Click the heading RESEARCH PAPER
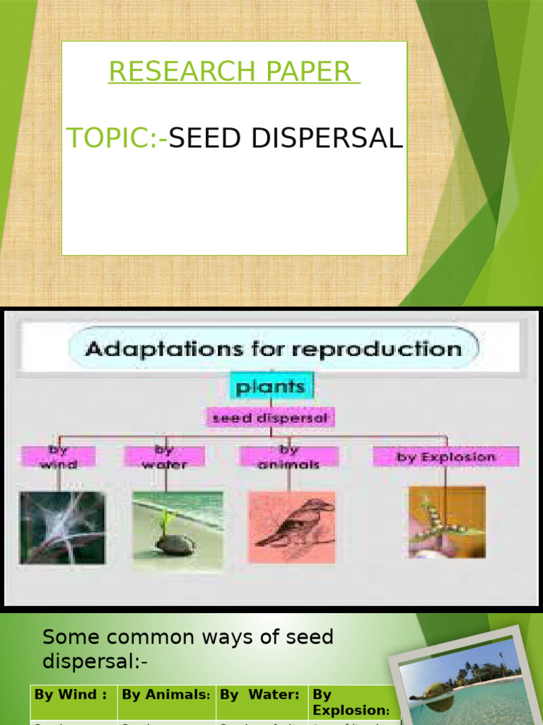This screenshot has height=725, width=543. click(233, 72)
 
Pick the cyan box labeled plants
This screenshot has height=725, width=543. click(271, 387)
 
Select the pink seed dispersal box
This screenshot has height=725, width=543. click(271, 418)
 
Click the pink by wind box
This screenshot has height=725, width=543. click(57, 457)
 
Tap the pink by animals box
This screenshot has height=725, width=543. click(288, 457)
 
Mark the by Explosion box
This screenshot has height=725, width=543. click(446, 457)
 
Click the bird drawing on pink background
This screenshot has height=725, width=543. click(292, 527)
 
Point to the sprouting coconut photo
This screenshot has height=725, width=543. click(177, 531)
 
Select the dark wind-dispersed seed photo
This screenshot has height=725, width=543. click(62, 527)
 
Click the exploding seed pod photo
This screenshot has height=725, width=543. click(446, 522)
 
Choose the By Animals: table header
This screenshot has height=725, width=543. click(166, 695)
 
